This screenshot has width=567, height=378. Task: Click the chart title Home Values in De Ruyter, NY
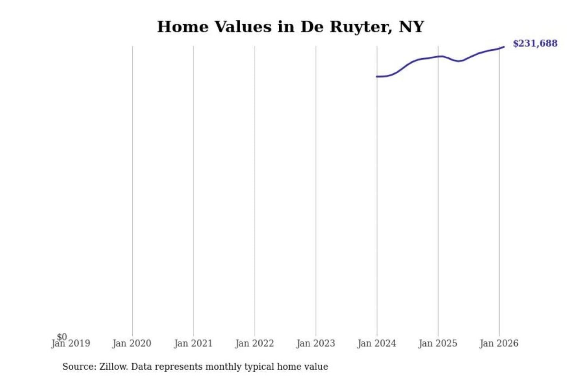click(x=291, y=27)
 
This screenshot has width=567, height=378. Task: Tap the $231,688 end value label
click(x=535, y=43)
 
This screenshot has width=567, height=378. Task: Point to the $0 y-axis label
click(x=62, y=337)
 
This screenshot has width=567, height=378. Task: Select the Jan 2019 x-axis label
click(x=71, y=343)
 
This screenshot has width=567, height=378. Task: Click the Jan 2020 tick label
click(x=132, y=343)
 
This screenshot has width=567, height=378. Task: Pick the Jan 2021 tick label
click(x=193, y=343)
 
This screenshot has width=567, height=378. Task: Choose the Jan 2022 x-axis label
click(x=254, y=343)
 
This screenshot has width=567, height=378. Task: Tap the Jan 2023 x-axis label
click(x=315, y=343)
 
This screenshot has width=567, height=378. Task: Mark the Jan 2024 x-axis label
click(x=377, y=343)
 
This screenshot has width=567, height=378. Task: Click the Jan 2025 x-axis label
click(x=438, y=343)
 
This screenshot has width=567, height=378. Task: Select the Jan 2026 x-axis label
click(x=499, y=343)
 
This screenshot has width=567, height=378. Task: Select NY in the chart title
click(x=411, y=27)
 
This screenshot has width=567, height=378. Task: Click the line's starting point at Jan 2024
click(x=377, y=76)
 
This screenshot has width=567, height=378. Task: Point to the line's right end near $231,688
click(x=504, y=47)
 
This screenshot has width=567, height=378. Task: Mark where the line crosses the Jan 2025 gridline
click(x=438, y=56)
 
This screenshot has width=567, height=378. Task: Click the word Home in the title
click(x=183, y=27)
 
